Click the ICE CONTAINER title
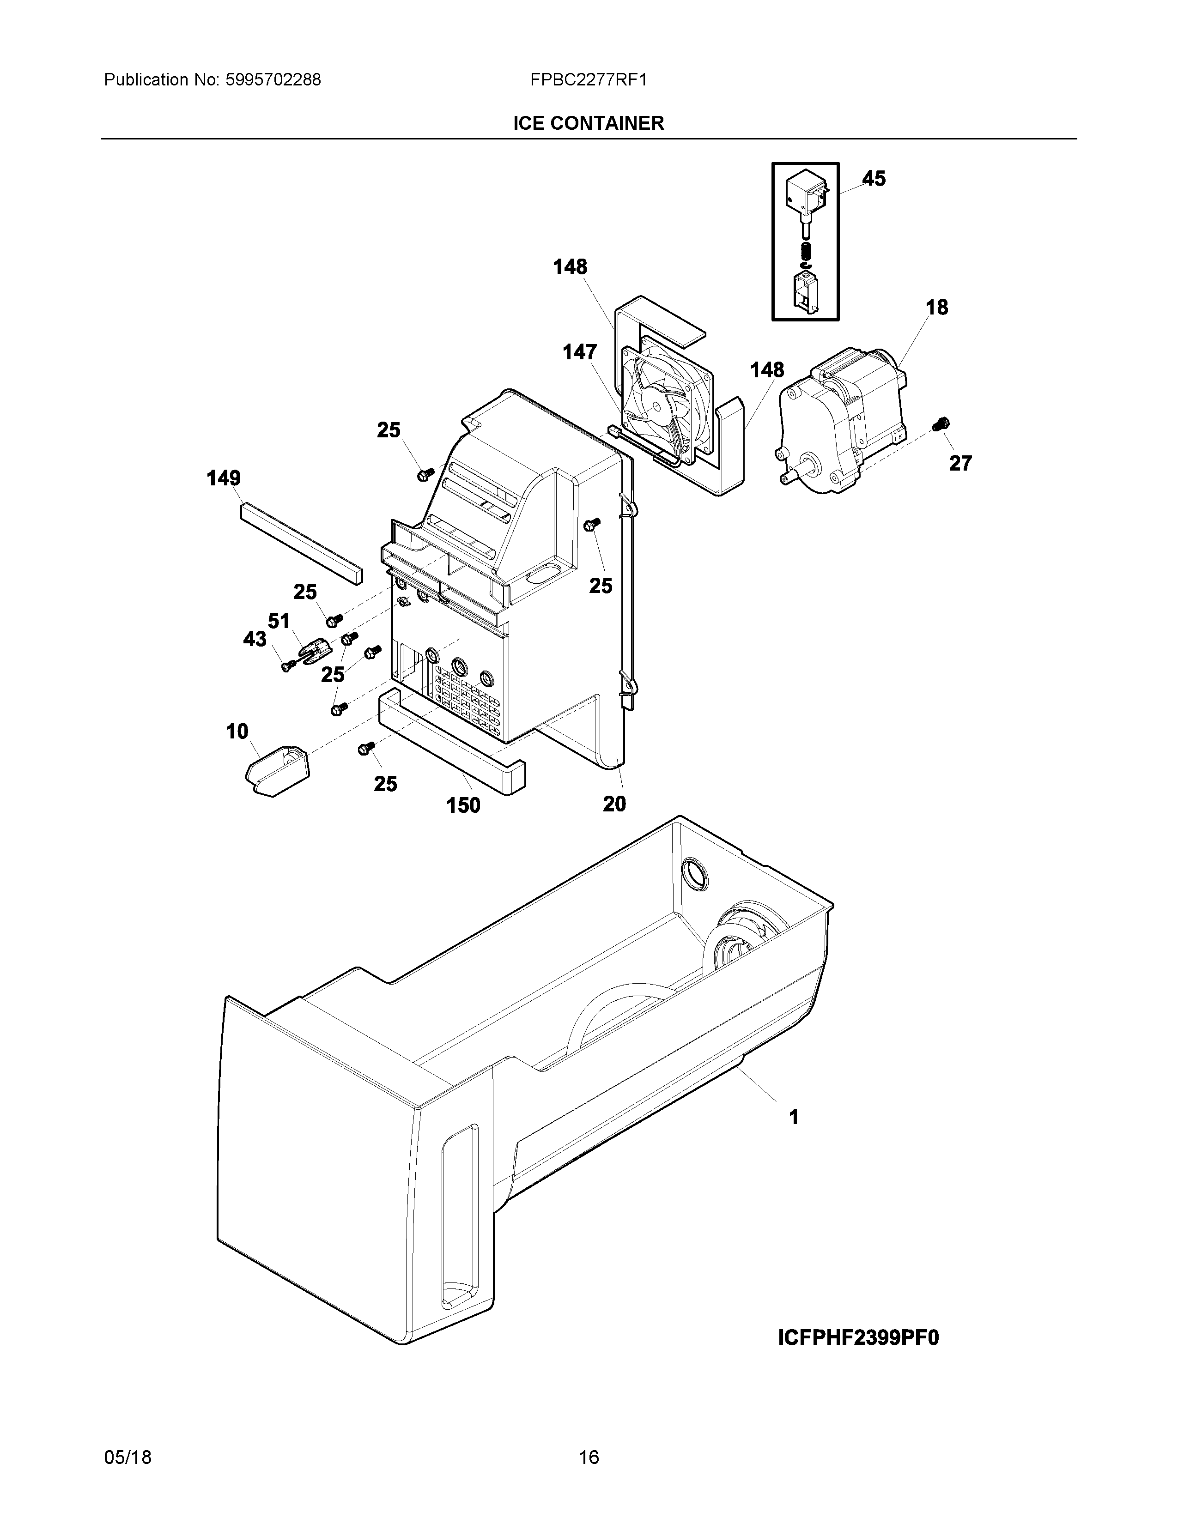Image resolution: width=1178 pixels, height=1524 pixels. [x=588, y=123]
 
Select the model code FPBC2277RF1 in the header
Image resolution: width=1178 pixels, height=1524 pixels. [x=588, y=80]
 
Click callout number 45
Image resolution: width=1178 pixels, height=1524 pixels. [x=874, y=179]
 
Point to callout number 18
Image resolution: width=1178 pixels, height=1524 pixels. [x=936, y=307]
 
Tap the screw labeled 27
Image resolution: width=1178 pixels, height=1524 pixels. [x=940, y=423]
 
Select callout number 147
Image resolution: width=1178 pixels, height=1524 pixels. [x=580, y=352]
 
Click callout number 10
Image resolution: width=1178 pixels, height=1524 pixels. [x=237, y=732]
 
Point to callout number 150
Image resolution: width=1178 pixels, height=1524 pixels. [x=463, y=805]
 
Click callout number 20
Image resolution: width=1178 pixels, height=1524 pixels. [x=614, y=804]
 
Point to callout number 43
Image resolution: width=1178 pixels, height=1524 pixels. [x=255, y=639]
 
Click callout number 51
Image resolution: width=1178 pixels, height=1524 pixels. [x=279, y=620]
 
